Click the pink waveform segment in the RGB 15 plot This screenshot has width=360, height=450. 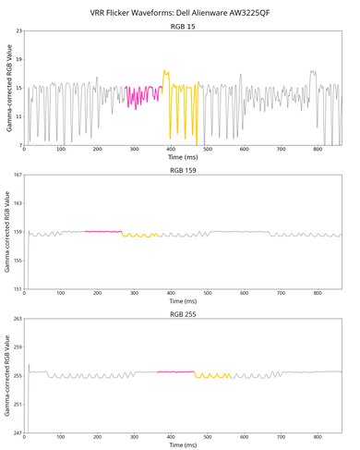click(143, 92)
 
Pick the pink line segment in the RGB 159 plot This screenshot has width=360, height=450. click(102, 231)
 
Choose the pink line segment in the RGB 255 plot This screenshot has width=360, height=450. click(175, 371)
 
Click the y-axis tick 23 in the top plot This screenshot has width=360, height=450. click(17, 32)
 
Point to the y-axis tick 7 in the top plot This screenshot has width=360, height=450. click(18, 145)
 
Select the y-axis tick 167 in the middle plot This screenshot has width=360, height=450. click(15, 176)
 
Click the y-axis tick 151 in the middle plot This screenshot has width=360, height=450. click(15, 289)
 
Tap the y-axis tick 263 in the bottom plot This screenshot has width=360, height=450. click(15, 319)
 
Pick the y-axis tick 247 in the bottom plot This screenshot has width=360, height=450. click(15, 432)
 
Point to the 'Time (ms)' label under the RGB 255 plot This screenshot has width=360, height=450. click(183, 445)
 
